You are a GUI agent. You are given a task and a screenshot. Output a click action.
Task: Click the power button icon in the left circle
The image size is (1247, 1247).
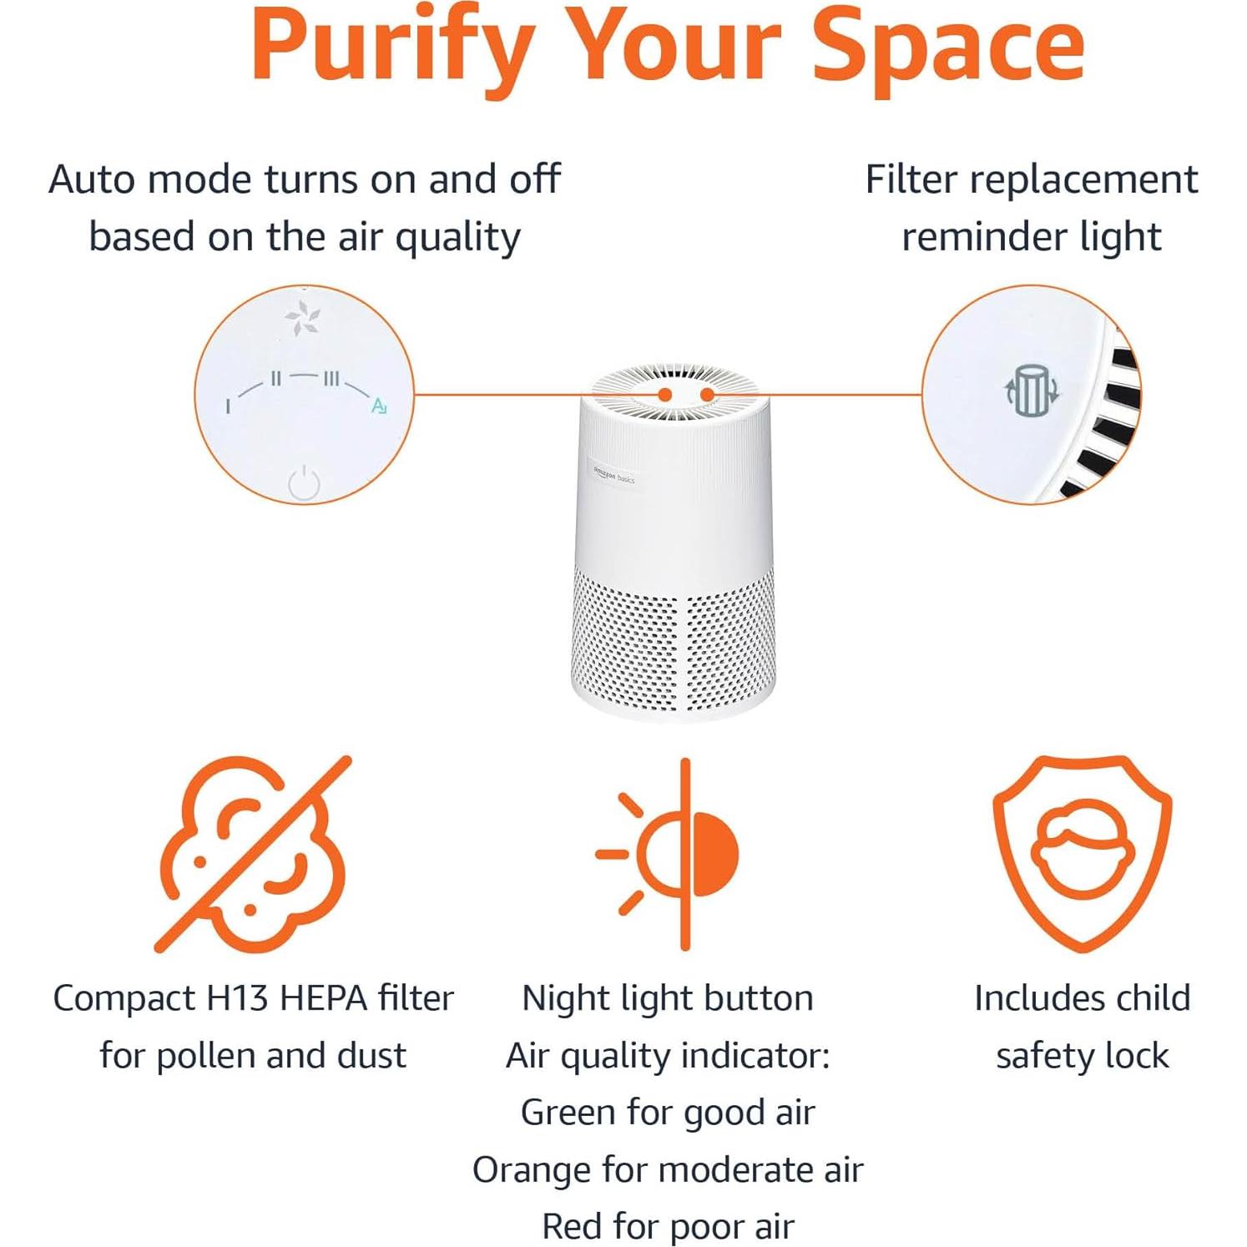[x=304, y=483]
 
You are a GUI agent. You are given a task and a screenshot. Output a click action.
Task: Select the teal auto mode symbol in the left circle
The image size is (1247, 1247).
[x=379, y=406]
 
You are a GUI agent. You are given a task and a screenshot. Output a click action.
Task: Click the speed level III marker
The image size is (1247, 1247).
[x=331, y=379]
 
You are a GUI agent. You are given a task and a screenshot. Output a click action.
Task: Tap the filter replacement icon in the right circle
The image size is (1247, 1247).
[x=1032, y=390]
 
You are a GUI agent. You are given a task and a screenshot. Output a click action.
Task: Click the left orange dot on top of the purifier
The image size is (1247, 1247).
[x=665, y=394]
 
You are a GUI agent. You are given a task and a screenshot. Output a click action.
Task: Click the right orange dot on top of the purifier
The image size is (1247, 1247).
[x=707, y=394]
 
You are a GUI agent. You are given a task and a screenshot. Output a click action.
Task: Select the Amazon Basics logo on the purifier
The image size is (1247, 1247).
[x=613, y=476]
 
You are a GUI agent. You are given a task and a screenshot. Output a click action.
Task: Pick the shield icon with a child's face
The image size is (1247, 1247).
[x=1082, y=852]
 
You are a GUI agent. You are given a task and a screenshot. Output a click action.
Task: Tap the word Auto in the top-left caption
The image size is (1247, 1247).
[x=90, y=180]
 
